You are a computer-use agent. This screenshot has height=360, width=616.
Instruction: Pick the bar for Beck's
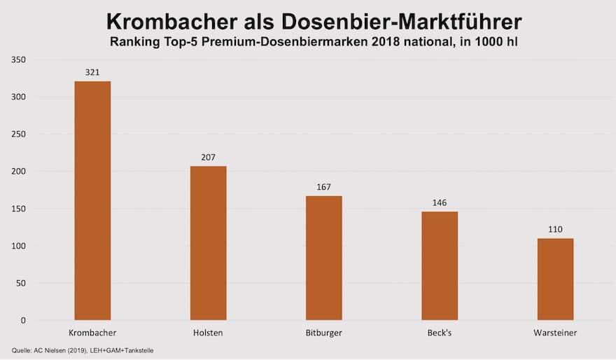[440, 266]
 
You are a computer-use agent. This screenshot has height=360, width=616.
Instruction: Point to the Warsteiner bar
[555, 279]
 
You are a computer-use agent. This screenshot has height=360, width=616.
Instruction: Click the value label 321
[92, 71]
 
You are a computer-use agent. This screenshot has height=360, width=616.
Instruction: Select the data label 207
[208, 157]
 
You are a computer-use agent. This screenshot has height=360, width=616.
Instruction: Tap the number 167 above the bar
[324, 187]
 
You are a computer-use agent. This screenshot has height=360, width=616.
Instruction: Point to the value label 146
[440, 202]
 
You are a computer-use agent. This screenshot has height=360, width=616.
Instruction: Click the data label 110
[555, 229]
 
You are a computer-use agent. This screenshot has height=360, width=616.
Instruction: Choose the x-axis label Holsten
[208, 333]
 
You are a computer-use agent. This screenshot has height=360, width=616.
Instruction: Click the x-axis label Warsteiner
[555, 333]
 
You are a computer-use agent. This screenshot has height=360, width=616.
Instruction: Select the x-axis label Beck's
[440, 333]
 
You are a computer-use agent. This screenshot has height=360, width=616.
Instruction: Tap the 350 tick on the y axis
[18, 60]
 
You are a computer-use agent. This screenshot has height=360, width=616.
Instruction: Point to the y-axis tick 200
[18, 172]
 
